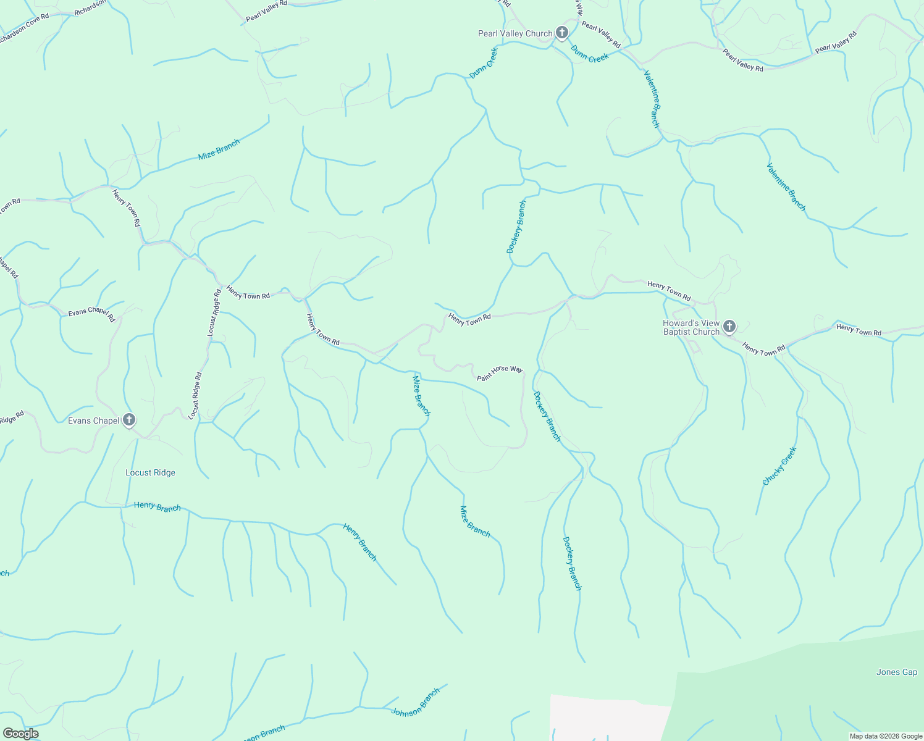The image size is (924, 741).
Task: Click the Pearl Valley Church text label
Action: click(515, 33)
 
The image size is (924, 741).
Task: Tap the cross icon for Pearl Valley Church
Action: click(561, 32)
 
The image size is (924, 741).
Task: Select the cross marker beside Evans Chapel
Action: click(129, 420)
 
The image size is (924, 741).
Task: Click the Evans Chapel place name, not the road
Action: click(93, 421)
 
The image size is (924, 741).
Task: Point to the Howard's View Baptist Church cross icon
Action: click(729, 326)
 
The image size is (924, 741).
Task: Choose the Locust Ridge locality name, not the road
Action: click(150, 473)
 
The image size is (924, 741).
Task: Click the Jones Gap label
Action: click(896, 672)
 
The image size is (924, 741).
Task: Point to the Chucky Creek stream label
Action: click(779, 466)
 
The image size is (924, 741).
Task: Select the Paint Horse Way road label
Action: click(500, 372)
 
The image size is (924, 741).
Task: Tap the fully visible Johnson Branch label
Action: click(416, 701)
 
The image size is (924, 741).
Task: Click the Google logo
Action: click(20, 734)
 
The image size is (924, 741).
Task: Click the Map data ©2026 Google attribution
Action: click(886, 736)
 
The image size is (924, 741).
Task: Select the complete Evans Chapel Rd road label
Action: click(91, 314)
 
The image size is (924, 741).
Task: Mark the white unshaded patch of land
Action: click(605, 719)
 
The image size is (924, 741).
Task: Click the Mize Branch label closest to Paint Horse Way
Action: click(421, 395)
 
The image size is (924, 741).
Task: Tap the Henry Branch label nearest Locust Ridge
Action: click(157, 507)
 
